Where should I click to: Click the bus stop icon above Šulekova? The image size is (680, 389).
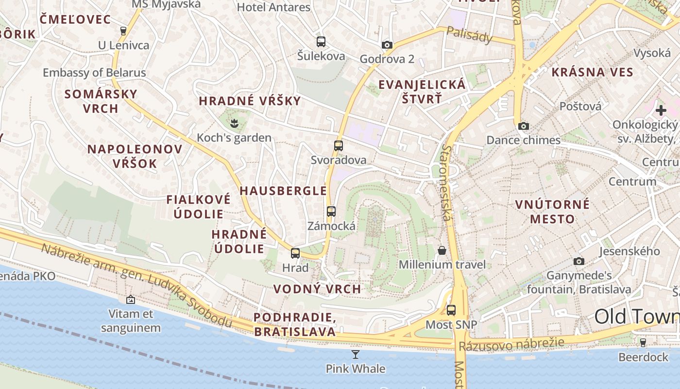point(321,42)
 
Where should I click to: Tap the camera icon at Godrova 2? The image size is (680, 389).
point(387,45)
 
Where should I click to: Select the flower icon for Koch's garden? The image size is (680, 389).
point(234,124)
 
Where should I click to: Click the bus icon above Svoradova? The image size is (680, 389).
point(339,145)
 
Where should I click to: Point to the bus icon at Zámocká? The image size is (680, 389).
point(331,212)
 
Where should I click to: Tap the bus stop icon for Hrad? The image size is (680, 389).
point(295,253)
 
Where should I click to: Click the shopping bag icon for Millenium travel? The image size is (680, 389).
point(442,250)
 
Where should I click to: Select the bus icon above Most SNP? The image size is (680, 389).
point(451,310)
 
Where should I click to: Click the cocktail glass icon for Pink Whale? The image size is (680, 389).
point(356,354)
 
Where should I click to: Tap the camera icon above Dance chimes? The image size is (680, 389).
point(523,126)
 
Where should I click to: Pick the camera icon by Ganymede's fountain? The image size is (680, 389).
point(578,262)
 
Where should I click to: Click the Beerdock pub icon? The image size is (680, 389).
point(643,343)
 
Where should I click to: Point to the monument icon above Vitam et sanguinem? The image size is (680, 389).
point(130,300)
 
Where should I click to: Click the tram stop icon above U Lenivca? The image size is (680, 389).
point(123,31)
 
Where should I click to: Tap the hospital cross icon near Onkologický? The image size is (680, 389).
point(661,110)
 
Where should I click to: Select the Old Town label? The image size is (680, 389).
point(637,317)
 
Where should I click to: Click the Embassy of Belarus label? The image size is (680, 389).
point(94,73)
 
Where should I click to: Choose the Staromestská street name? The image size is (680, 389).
point(447,182)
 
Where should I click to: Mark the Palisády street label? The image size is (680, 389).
point(469,35)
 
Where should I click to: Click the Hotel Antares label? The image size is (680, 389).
point(273,7)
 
